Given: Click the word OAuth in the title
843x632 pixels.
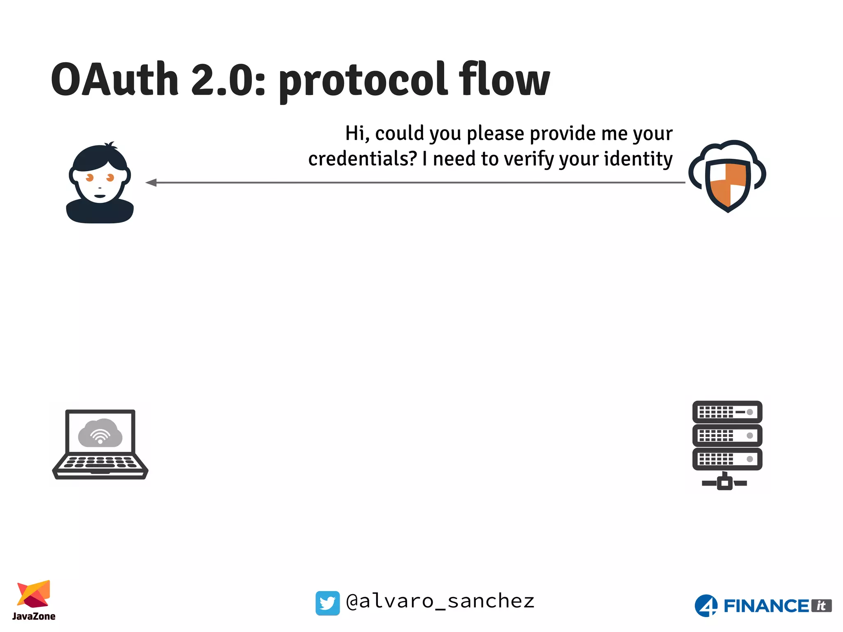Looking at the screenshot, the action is click(115, 79).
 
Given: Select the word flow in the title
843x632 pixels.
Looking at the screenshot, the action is click(504, 79).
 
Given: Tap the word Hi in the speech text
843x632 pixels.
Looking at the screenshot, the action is click(355, 134).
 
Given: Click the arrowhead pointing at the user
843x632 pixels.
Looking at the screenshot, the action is click(151, 182).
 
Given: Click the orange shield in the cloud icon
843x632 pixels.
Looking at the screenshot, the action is click(728, 184).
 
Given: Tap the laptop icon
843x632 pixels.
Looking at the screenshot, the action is click(100, 444).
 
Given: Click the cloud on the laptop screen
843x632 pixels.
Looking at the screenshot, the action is click(100, 433).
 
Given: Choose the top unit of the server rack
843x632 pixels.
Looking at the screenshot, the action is click(727, 412).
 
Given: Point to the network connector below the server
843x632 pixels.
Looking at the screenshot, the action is click(724, 482).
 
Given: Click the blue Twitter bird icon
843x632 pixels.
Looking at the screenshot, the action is click(328, 603).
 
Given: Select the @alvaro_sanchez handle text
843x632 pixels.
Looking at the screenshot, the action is click(440, 602).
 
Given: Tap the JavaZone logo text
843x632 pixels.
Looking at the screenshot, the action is click(34, 616).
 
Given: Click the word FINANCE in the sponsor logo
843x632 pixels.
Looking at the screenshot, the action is click(766, 606).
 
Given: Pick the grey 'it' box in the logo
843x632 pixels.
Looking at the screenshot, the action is click(821, 606).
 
